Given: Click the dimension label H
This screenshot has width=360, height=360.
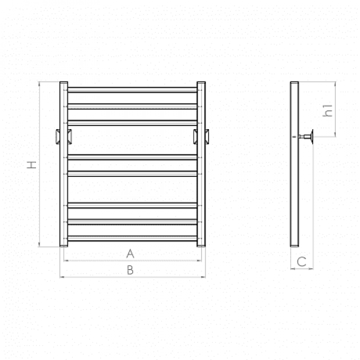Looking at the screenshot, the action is click(31, 165).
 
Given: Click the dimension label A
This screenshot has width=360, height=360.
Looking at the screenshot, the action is click(130, 253).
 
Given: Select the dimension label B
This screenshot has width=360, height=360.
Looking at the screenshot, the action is click(130, 270).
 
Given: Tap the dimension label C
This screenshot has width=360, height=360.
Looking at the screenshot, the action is click(301, 261).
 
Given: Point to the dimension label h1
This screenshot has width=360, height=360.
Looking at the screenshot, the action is click(328, 111).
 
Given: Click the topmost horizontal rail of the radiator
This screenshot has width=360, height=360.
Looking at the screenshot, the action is click(132, 90).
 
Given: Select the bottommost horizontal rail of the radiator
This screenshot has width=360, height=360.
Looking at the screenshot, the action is click(132, 238).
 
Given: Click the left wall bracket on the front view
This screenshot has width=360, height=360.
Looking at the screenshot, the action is click(64, 137).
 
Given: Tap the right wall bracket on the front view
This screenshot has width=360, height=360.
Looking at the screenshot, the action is click(201, 137).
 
